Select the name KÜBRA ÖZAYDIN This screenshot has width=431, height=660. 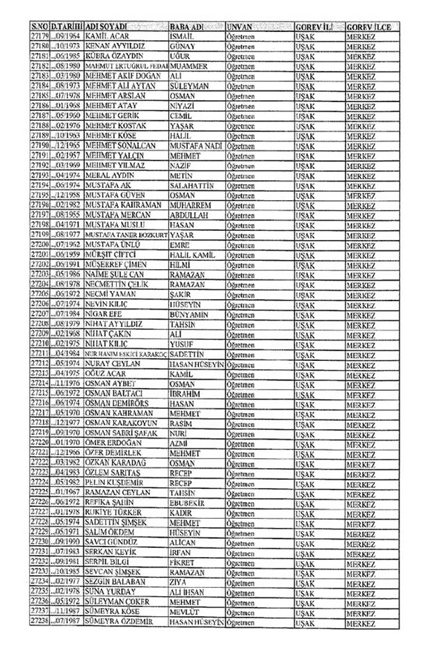(115, 55)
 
